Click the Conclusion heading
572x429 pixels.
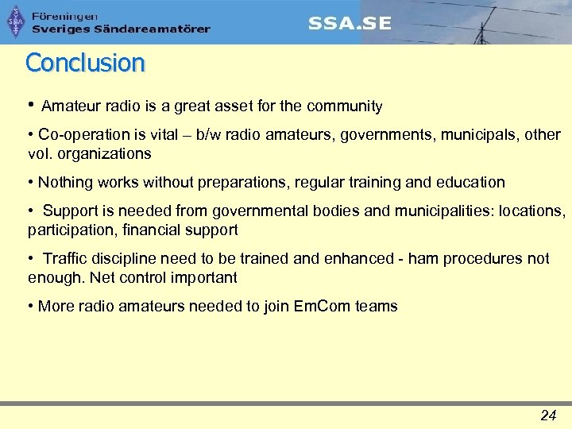point(85,62)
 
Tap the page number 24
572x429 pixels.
point(547,415)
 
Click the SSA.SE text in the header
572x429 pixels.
point(350,23)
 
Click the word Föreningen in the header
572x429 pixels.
point(64,16)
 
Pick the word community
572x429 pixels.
point(343,106)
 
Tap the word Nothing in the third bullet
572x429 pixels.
point(65,182)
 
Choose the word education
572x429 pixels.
point(470,182)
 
